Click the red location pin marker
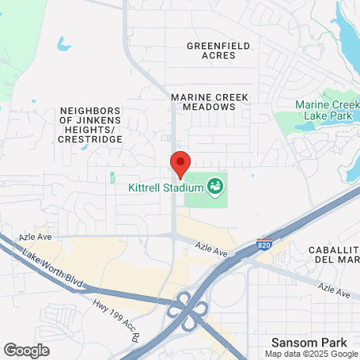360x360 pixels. coord(180,163)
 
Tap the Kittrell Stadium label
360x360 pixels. coord(165,188)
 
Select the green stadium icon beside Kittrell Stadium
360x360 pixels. coord(214,188)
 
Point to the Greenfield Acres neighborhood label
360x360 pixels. coord(218,51)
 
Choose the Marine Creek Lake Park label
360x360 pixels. coord(327,111)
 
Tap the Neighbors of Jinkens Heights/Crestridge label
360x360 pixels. coord(90,125)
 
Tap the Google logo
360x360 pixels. coord(26,350)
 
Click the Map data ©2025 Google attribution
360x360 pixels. coord(311,353)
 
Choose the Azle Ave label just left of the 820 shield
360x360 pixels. coord(214,252)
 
